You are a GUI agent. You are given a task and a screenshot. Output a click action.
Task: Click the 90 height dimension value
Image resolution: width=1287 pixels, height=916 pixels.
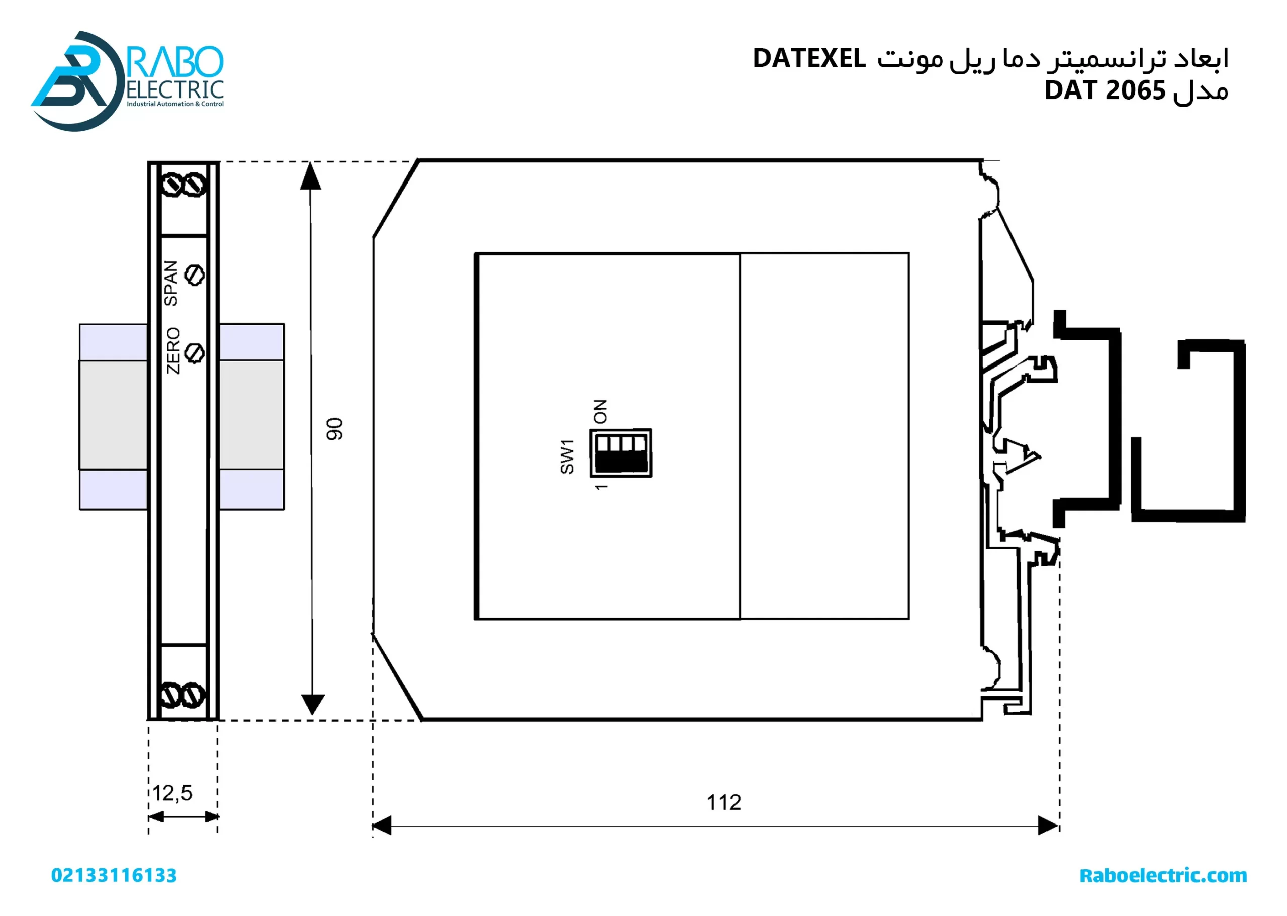pyautogui.click(x=334, y=429)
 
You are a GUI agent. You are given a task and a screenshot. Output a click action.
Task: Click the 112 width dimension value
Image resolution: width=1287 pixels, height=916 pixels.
pyautogui.click(x=723, y=802)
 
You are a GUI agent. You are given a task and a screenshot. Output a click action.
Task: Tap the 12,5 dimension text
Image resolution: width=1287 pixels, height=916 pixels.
pyautogui.click(x=172, y=793)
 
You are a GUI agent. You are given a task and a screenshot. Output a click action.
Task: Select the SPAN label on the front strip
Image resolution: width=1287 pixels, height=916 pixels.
pyautogui.click(x=171, y=283)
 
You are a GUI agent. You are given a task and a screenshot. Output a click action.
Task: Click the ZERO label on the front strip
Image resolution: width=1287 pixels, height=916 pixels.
pyautogui.click(x=173, y=350)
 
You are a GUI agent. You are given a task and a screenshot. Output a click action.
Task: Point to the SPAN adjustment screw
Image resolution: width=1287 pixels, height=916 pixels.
pyautogui.click(x=195, y=275)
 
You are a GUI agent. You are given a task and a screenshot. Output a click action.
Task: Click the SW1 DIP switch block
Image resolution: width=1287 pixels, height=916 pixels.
pyautogui.click(x=620, y=453)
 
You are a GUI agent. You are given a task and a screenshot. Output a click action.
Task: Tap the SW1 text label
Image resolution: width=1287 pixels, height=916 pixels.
pyautogui.click(x=567, y=456)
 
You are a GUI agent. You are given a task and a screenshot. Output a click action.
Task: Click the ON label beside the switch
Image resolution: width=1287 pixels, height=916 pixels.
pyautogui.click(x=600, y=411)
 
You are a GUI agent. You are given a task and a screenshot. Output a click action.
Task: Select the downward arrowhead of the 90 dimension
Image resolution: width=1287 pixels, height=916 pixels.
pyautogui.click(x=312, y=704)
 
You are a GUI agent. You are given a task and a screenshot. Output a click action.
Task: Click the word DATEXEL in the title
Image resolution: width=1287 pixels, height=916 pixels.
pyautogui.click(x=809, y=59)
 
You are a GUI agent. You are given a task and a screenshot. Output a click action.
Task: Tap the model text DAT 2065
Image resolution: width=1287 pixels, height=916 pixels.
pyautogui.click(x=1105, y=91)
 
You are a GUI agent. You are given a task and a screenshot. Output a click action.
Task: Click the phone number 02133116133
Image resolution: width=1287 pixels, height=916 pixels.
pyautogui.click(x=114, y=875)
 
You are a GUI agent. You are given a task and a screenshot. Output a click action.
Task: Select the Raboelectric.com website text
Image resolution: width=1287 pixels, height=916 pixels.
pyautogui.click(x=1163, y=875)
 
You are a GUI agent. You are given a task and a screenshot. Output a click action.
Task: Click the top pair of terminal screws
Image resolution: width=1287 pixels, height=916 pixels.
pyautogui.click(x=184, y=185)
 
